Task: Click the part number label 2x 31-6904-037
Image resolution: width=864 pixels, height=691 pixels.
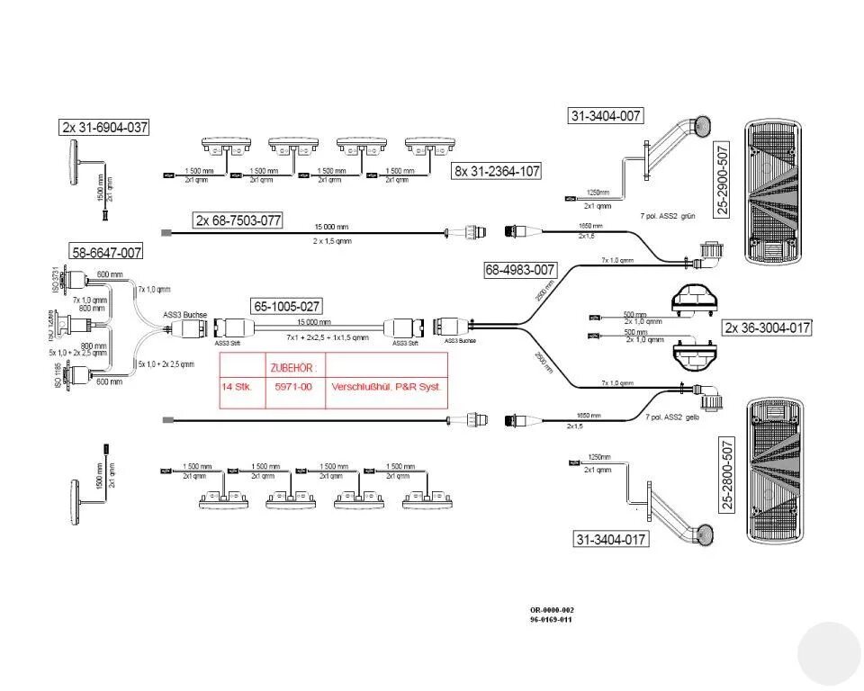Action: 104,128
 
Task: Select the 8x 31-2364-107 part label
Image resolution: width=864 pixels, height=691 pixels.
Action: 497,171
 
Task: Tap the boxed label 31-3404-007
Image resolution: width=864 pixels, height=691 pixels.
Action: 606,115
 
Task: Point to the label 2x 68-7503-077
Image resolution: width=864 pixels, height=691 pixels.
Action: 238,220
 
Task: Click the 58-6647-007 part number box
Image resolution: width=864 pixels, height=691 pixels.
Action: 107,253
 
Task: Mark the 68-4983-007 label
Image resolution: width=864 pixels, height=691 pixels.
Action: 520,269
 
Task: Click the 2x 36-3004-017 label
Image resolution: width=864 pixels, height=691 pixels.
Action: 768,328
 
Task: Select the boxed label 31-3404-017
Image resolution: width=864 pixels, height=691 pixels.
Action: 611,539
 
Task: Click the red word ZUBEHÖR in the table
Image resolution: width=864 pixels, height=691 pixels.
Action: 293,367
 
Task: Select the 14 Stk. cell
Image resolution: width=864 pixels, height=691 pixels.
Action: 238,387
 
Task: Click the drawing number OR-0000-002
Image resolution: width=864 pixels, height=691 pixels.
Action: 552,610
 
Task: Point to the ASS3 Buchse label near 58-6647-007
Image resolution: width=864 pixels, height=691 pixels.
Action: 185,315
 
